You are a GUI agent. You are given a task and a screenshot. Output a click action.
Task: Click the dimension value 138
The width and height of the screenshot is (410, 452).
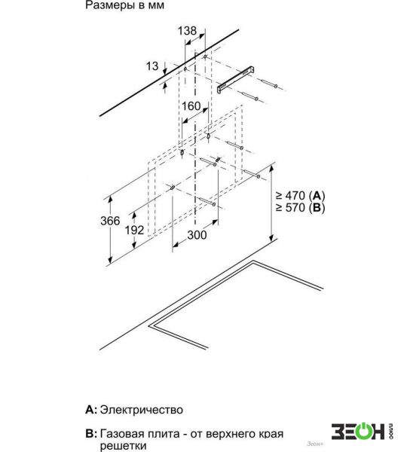tap(187, 31)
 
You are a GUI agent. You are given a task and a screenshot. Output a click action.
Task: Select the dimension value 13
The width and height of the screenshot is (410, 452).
tap(152, 66)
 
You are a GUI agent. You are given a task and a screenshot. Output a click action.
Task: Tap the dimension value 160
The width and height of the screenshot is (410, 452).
tap(191, 106)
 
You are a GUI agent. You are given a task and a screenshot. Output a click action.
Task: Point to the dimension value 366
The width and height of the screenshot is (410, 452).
tap(110, 221)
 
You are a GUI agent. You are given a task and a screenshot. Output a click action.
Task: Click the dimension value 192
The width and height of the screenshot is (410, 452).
tap(134, 230)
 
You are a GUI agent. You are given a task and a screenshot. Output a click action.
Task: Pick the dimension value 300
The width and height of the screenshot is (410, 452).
tap(197, 235)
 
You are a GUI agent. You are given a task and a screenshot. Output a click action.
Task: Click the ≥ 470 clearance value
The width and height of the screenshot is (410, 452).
tap(290, 196)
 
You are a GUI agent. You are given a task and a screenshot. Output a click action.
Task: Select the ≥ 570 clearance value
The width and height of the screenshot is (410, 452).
tap(290, 207)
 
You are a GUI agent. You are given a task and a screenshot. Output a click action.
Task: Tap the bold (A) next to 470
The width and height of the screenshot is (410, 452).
tap(317, 196)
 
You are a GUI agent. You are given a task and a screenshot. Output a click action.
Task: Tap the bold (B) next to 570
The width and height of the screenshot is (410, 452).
tap(317, 208)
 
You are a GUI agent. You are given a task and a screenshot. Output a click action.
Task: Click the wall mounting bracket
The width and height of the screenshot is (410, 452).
tap(236, 80)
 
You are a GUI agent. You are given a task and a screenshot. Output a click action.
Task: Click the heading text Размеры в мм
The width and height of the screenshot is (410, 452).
tap(124, 5)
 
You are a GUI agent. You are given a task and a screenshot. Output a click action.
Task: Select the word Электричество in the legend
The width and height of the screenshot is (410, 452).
tap(141, 410)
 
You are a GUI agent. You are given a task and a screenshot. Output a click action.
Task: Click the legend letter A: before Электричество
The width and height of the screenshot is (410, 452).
tap(91, 410)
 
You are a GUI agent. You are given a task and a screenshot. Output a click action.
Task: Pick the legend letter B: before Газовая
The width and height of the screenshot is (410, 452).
tap(91, 434)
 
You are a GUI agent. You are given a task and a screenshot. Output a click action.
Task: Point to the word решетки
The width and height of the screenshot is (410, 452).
tap(123, 446)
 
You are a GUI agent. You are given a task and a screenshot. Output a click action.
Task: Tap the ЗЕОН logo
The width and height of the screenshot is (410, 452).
tap(362, 432)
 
